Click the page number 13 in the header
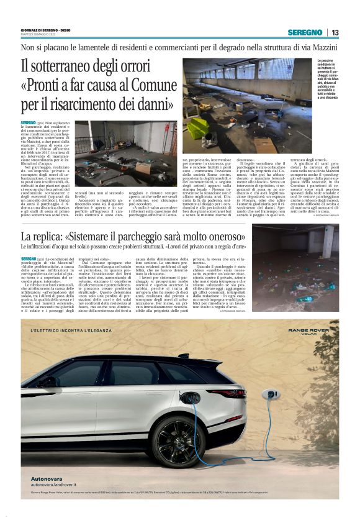pyautogui.click(x=335, y=32)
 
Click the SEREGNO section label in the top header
pyautogui.click(x=305, y=32)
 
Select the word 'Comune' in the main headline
pyautogui.click(x=148, y=86)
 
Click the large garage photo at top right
pyautogui.click(x=248, y=96)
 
